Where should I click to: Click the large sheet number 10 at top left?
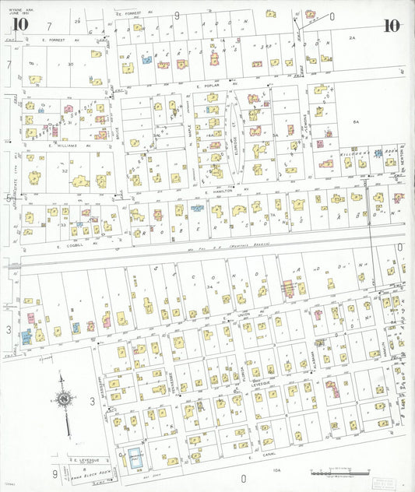20,24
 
